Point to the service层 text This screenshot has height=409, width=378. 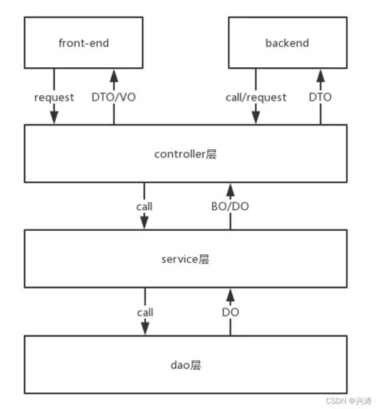185,260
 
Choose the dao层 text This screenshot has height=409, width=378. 185,364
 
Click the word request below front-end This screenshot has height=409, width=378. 54,97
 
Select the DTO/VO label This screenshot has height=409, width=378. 113,97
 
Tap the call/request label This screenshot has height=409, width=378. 256,97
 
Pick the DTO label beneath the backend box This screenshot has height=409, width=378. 321,97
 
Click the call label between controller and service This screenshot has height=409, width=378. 144,205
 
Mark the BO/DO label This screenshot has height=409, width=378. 230,205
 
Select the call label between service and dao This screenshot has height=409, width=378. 144,312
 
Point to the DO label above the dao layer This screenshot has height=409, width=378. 230,312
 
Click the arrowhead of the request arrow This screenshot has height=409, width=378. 54,119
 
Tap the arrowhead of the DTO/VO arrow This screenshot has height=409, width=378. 113,74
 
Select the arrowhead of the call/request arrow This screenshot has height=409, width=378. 256,119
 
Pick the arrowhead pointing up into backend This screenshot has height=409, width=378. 321,74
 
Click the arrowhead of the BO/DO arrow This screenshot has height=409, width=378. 230,189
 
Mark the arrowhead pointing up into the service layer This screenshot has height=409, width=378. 230,294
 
